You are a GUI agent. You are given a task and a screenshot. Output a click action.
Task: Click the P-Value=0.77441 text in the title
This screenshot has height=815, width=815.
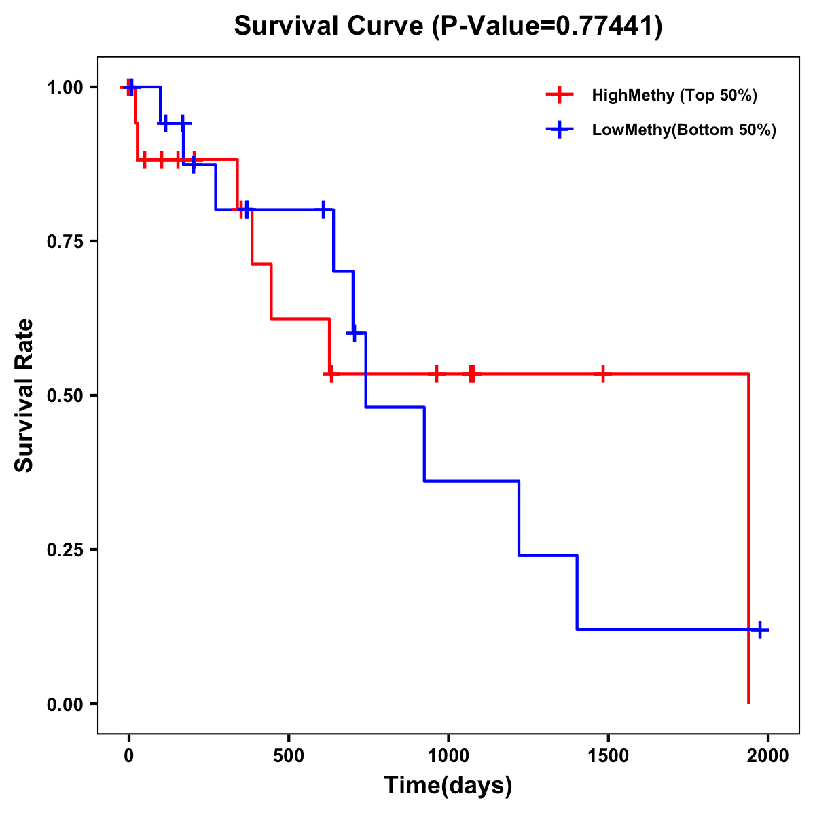(x=549, y=26)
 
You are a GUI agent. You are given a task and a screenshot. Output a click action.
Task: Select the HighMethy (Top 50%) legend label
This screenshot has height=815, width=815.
(x=674, y=95)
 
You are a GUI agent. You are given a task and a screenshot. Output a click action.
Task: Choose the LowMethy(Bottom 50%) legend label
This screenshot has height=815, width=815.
(x=684, y=130)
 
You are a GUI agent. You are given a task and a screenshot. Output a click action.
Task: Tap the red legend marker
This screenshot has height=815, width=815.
(x=559, y=95)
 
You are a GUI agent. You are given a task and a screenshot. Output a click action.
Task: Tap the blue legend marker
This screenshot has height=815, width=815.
(x=559, y=130)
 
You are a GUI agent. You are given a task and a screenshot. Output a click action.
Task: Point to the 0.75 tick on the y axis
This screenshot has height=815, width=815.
(x=65, y=242)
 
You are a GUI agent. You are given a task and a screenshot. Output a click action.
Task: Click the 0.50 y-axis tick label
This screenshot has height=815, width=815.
(x=65, y=396)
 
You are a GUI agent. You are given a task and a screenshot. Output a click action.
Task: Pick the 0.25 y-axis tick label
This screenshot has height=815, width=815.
(x=65, y=550)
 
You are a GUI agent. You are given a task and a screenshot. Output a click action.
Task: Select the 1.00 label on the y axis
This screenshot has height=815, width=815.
(x=65, y=88)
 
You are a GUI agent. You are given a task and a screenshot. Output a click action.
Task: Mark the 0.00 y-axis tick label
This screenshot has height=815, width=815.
(x=65, y=704)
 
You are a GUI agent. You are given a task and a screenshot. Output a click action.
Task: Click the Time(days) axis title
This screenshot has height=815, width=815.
(x=448, y=786)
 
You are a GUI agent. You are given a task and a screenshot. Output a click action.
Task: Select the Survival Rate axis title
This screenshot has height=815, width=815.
(x=25, y=395)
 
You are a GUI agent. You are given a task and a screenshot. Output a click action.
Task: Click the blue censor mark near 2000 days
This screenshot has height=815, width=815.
(x=760, y=630)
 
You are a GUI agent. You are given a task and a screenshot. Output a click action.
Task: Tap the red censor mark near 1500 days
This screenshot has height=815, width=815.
(x=602, y=374)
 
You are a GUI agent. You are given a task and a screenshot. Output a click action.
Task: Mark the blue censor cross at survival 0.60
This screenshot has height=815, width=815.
(x=353, y=333)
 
